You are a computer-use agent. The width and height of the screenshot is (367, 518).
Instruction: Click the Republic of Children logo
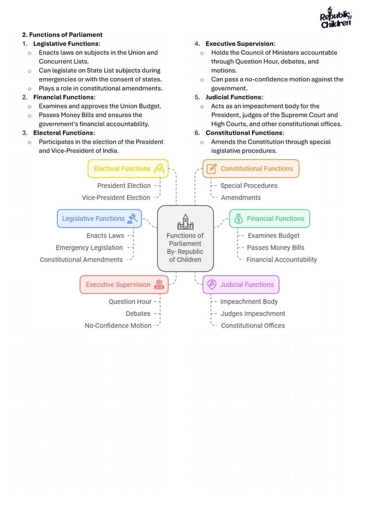[335, 18]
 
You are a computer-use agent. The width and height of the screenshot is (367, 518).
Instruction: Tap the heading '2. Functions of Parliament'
[62, 34]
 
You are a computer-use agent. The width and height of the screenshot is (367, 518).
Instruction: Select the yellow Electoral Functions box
[128, 169]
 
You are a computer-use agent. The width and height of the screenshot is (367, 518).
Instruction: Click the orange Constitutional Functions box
[251, 169]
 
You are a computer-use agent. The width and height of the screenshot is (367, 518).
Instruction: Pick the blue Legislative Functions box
[98, 219]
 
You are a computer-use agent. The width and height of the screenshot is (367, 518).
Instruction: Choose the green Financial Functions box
[269, 219]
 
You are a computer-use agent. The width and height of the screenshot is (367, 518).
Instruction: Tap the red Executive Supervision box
[124, 285]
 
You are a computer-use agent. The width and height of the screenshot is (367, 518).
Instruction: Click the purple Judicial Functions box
[240, 285]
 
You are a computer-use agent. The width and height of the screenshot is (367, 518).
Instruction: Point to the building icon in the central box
[185, 222]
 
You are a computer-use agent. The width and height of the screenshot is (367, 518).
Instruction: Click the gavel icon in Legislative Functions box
[133, 218]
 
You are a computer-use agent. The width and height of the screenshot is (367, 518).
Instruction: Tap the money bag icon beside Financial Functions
[238, 219]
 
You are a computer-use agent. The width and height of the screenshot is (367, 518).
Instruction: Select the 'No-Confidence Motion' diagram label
[118, 326]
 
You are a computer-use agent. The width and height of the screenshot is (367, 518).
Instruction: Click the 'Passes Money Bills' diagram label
[276, 248]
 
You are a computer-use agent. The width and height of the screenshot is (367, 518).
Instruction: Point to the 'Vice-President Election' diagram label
[116, 198]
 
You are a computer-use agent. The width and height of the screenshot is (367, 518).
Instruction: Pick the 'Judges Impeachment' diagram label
[253, 314]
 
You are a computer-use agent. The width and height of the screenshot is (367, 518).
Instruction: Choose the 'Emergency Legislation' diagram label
[89, 248]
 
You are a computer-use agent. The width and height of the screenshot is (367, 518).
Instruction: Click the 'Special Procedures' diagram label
[249, 185]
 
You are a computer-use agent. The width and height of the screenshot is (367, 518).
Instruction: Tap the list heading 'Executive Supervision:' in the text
[240, 44]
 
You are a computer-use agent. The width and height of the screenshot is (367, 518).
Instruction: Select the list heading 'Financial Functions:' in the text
[64, 97]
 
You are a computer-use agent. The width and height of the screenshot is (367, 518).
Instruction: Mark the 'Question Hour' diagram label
[130, 301]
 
